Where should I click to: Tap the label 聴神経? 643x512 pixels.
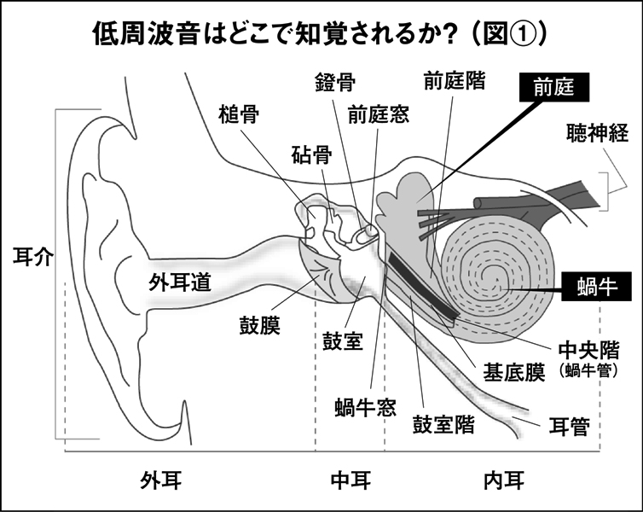tap(598, 133)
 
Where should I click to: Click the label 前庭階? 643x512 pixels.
tap(455, 81)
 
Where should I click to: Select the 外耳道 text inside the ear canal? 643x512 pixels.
tap(180, 281)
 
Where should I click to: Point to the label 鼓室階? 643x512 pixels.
tap(443, 424)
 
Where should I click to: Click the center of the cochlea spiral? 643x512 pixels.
tap(496, 279)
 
